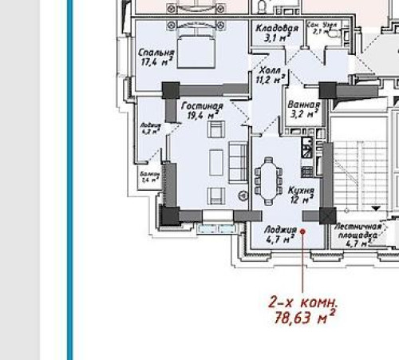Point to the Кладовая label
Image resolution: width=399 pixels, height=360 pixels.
tap(276, 28)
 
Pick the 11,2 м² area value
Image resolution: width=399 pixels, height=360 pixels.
tap(270, 80)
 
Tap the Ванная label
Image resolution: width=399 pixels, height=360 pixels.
tap(302, 105)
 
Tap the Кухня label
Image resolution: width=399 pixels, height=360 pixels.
tap(301, 192)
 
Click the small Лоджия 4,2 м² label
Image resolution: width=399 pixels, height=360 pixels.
tap(150, 129)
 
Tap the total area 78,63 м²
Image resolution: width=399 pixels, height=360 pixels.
tap(302, 318)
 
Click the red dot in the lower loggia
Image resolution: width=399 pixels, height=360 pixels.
tap(302, 229)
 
